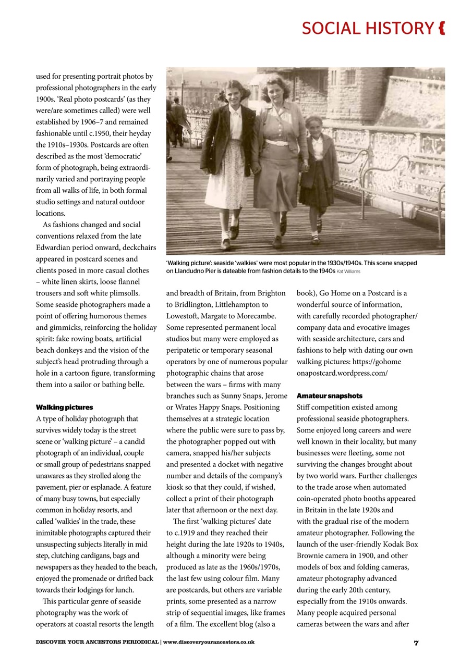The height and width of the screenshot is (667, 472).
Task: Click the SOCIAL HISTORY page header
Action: point(367,28)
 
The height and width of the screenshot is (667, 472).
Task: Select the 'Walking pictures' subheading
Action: point(64,407)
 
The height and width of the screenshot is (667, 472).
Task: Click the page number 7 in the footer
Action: point(416,643)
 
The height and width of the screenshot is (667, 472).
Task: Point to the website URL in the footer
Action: point(209,643)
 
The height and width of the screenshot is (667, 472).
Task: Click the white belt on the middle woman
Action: point(277,142)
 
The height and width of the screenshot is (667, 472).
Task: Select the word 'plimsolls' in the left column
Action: point(125,293)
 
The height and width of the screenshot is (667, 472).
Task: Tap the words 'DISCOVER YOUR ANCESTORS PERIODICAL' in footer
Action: point(97,643)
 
